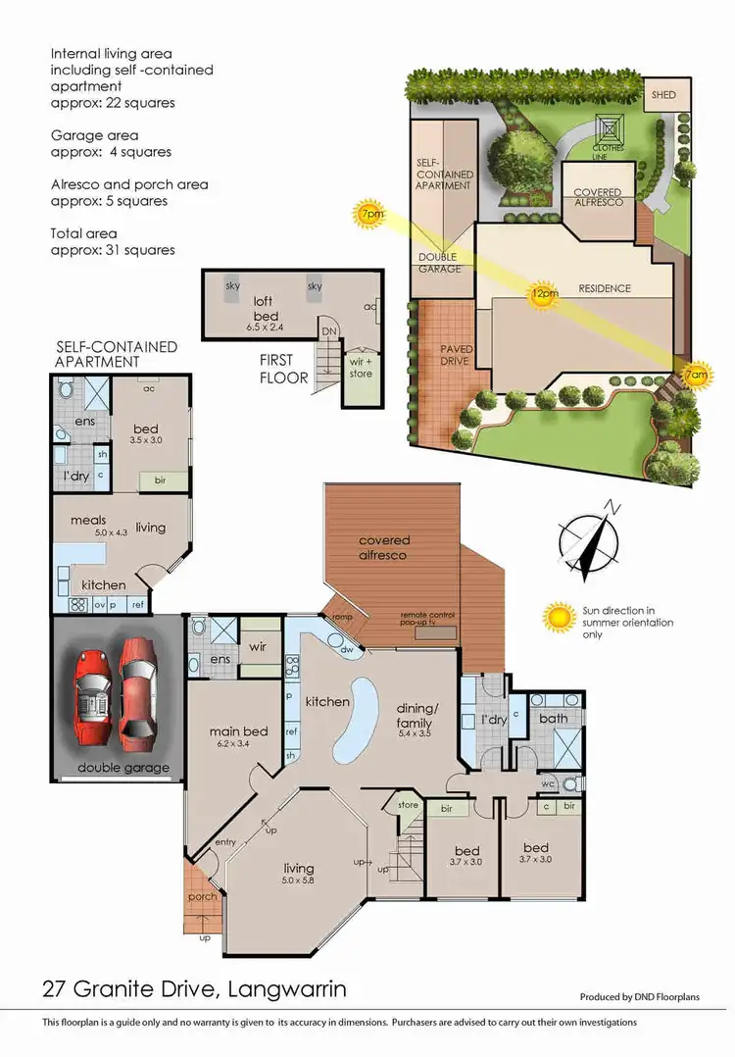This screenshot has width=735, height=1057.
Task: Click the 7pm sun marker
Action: pos(370,214)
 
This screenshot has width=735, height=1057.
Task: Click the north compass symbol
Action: pos(591,538)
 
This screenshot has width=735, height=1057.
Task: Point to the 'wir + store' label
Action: pos(361,367)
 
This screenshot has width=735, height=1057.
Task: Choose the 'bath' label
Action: pos(555,718)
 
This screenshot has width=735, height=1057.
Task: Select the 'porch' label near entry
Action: pos(203,896)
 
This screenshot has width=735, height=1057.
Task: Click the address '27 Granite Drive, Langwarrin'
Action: pos(193,989)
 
